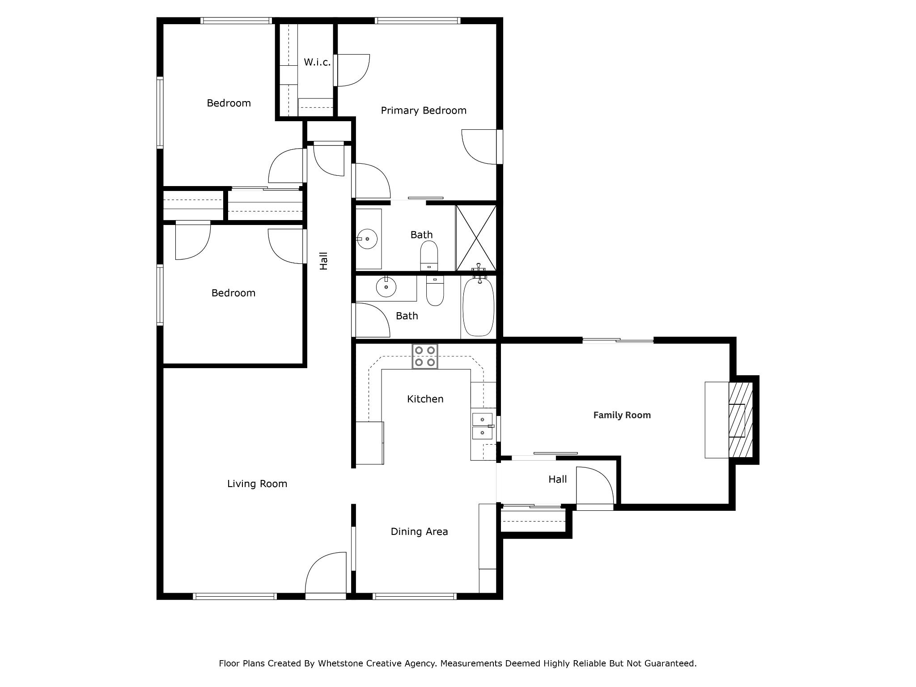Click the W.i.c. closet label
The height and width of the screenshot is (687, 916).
click(x=317, y=62)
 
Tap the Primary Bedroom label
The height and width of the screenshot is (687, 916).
click(x=423, y=110)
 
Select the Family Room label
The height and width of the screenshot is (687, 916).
click(x=622, y=415)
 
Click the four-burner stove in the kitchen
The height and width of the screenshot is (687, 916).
click(x=425, y=356)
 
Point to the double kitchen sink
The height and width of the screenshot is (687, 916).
click(x=483, y=426)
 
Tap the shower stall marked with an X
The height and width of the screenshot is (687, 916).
click(x=476, y=238)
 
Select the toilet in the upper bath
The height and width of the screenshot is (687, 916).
click(x=429, y=256)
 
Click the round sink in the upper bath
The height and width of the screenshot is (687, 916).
click(x=367, y=239)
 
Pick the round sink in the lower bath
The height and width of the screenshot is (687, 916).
click(x=386, y=287)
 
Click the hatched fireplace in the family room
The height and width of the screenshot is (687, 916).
click(x=740, y=420)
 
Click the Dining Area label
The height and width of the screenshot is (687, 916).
click(x=419, y=531)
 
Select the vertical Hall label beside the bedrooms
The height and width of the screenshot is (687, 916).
click(x=324, y=261)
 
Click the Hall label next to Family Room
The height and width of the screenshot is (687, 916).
click(x=557, y=479)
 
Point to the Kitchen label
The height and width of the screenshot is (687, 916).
click(x=425, y=399)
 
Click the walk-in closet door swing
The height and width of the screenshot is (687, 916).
click(x=353, y=70)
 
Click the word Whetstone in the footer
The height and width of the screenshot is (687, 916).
click(x=340, y=663)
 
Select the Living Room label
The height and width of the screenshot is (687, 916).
click(x=257, y=483)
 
